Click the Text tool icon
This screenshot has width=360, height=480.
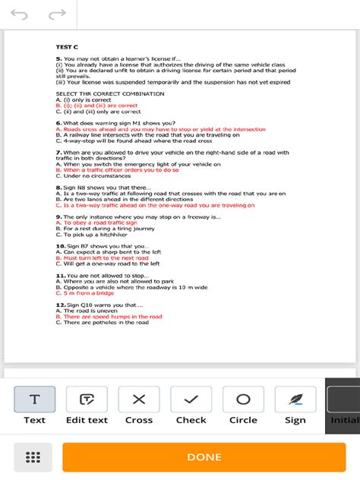pyautogui.click(x=34, y=399)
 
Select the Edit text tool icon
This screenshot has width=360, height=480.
pyautogui.click(x=87, y=399)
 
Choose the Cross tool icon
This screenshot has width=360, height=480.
pyautogui.click(x=139, y=399)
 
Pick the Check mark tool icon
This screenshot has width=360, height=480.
pyautogui.click(x=191, y=399)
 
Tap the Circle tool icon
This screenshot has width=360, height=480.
pyautogui.click(x=243, y=399)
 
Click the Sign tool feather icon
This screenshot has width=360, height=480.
pyautogui.click(x=295, y=399)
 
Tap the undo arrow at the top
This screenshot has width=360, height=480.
pyautogui.click(x=19, y=14)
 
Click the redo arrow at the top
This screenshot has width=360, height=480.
pyautogui.click(x=57, y=14)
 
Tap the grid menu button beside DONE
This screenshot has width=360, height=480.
pyautogui.click(x=32, y=457)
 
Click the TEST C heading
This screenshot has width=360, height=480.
pyautogui.click(x=67, y=47)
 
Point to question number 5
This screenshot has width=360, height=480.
pyautogui.click(x=58, y=58)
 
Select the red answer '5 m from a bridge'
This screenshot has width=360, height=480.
pyautogui.click(x=86, y=293)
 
